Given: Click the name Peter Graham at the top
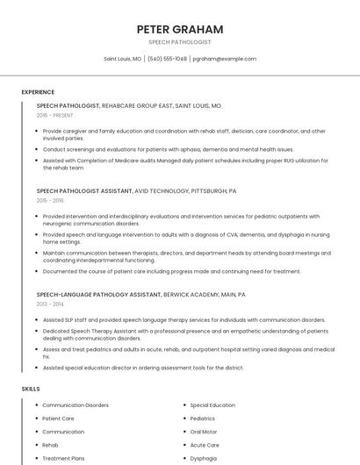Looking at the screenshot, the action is (179, 29).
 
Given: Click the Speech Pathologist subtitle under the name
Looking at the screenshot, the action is (179, 42).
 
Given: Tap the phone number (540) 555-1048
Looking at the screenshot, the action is (167, 59).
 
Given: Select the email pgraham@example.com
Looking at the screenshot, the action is (224, 59).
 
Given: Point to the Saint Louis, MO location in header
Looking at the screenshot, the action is (122, 59).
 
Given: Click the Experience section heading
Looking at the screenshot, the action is (38, 92).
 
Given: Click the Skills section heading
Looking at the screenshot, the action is (31, 389).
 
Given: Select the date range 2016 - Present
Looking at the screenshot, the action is (54, 115).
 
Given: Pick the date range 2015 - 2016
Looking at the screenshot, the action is (50, 200).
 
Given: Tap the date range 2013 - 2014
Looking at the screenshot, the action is (50, 304).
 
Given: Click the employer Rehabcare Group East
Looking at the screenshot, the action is (137, 105).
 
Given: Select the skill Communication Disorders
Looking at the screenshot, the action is (76, 405).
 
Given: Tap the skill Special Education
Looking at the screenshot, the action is (212, 405).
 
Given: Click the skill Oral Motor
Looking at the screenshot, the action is (204, 432).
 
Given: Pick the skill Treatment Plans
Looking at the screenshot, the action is (63, 458).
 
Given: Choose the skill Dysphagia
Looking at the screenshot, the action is (204, 458).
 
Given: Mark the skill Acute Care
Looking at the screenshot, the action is (205, 445).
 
